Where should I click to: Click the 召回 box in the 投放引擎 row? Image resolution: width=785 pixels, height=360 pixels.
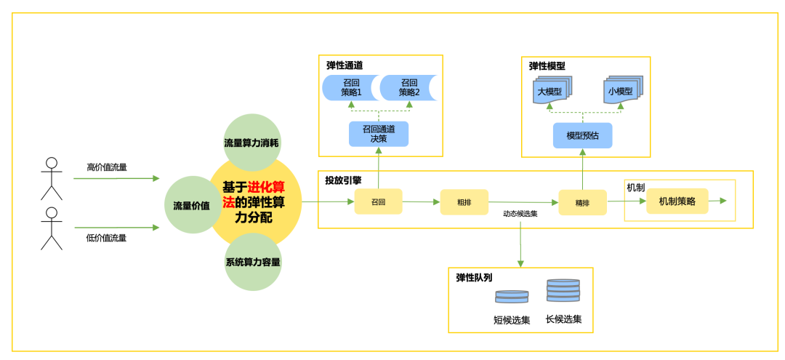click(x=378, y=201)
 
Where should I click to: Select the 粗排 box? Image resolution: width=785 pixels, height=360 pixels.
click(x=464, y=202)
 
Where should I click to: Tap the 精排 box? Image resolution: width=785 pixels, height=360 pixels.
click(x=582, y=202)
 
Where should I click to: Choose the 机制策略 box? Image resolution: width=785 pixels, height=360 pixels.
click(x=677, y=201)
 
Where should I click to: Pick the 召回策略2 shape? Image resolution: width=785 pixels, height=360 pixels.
click(x=408, y=87)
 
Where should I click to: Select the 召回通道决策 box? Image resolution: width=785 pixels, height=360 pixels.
click(x=378, y=134)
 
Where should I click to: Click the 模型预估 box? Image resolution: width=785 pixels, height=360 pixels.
click(x=582, y=135)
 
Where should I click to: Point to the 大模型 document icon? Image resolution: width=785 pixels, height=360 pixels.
click(x=551, y=91)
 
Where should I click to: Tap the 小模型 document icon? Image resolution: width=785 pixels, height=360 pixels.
click(x=621, y=91)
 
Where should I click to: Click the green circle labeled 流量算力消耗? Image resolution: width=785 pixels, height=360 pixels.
click(x=251, y=143)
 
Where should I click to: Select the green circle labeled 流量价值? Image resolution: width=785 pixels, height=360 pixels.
click(x=191, y=206)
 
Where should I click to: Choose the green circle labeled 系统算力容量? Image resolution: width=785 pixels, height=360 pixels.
click(x=252, y=262)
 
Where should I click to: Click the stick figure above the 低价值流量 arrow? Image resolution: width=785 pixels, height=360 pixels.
click(x=51, y=228)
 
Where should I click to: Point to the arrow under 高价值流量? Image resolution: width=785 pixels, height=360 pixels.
click(x=116, y=178)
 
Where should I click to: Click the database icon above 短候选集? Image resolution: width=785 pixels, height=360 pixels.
click(x=512, y=297)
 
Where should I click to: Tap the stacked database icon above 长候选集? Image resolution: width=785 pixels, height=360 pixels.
click(x=563, y=290)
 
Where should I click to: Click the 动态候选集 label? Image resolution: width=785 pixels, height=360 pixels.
click(x=520, y=214)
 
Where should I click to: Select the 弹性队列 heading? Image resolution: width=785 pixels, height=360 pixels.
click(x=474, y=277)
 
